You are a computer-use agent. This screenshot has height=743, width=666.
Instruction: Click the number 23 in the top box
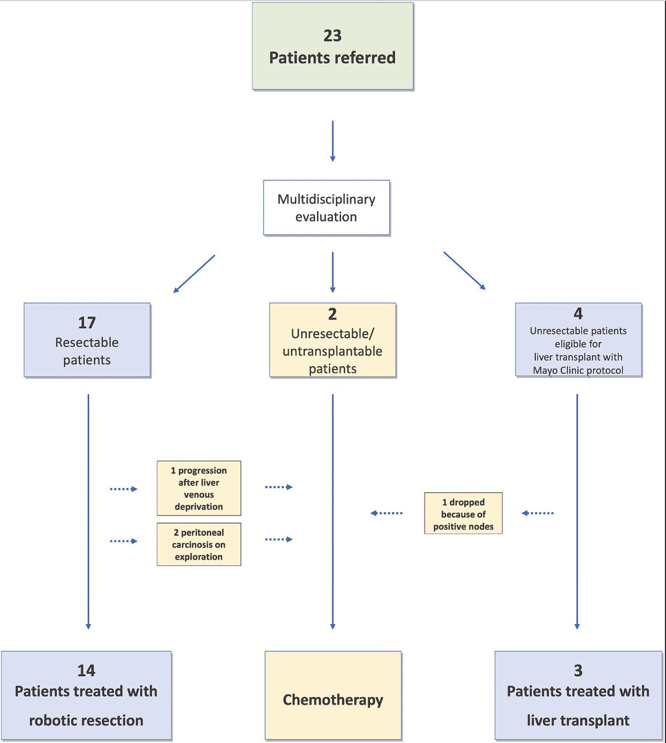point(332,35)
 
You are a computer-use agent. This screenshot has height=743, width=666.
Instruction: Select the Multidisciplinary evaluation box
point(326,208)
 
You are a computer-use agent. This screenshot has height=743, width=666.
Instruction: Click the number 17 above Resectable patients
point(87,323)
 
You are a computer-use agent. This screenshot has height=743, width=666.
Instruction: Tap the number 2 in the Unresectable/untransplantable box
point(332,314)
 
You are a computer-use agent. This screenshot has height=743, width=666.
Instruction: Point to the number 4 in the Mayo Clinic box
point(578,313)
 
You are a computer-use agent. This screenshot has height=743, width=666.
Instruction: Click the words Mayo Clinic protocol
point(578,370)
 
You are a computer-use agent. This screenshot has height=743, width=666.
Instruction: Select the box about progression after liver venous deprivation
point(199,489)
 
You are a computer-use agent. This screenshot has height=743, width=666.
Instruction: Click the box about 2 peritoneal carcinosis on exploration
point(199,544)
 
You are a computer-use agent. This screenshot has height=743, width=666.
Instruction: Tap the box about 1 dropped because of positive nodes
point(463,514)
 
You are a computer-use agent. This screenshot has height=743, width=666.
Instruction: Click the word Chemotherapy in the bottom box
point(332,700)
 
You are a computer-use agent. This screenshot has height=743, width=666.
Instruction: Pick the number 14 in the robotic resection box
point(86,671)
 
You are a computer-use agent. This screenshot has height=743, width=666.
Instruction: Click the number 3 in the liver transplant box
point(578,671)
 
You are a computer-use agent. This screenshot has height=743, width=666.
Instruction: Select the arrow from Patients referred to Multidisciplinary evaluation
point(332,141)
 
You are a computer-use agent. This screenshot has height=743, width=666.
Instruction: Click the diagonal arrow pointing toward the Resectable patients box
point(194,274)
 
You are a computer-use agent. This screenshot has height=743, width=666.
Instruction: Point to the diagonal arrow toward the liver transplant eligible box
point(465,271)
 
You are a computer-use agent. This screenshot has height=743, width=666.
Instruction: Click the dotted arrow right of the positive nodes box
point(537,513)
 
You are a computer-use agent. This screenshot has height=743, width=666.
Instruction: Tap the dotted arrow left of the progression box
point(124,489)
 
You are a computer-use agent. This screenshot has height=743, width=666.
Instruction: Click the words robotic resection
point(86,720)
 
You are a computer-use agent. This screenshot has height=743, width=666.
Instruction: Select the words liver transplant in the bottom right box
point(578,720)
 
